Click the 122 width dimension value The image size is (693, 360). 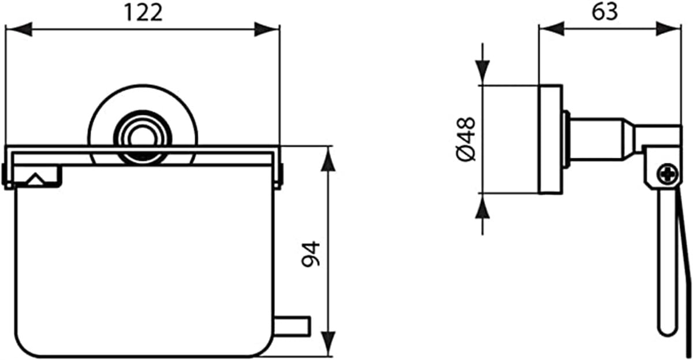click(x=143, y=13)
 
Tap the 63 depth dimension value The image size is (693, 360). click(x=605, y=12)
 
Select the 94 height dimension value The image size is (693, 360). click(x=311, y=254)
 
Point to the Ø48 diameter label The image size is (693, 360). click(x=465, y=139)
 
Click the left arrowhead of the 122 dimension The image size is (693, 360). click(x=18, y=29)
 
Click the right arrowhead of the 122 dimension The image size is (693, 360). click(x=267, y=29)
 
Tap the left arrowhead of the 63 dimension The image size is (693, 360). click(x=552, y=29)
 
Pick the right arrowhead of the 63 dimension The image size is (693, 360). click(x=668, y=29)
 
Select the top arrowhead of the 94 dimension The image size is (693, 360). click(x=328, y=158)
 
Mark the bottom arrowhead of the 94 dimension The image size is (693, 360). click(x=328, y=344)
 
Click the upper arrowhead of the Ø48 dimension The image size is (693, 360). click(x=482, y=72)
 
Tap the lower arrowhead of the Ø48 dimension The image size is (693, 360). click(x=482, y=206)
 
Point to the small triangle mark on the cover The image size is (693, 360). click(x=36, y=180)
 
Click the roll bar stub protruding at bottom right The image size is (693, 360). click(x=292, y=326)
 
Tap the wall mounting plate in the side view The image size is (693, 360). click(x=551, y=139)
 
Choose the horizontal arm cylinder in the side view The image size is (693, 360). click(x=597, y=139)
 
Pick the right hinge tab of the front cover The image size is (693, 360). click(x=278, y=176)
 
